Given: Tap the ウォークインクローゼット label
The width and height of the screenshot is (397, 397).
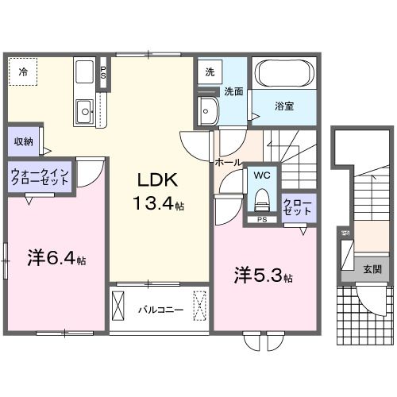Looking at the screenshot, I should click(x=40, y=175).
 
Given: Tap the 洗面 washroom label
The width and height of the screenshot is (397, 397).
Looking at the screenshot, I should click(x=232, y=91).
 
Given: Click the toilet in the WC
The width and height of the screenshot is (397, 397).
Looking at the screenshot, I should click(x=261, y=197).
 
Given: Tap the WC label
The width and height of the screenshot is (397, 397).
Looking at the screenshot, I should click(x=262, y=173).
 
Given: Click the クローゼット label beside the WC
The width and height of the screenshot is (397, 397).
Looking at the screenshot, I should click(x=298, y=209).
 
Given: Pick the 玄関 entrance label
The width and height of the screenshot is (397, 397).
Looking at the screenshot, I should click(x=372, y=269).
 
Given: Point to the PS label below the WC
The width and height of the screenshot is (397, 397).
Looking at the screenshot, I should click(x=262, y=220).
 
